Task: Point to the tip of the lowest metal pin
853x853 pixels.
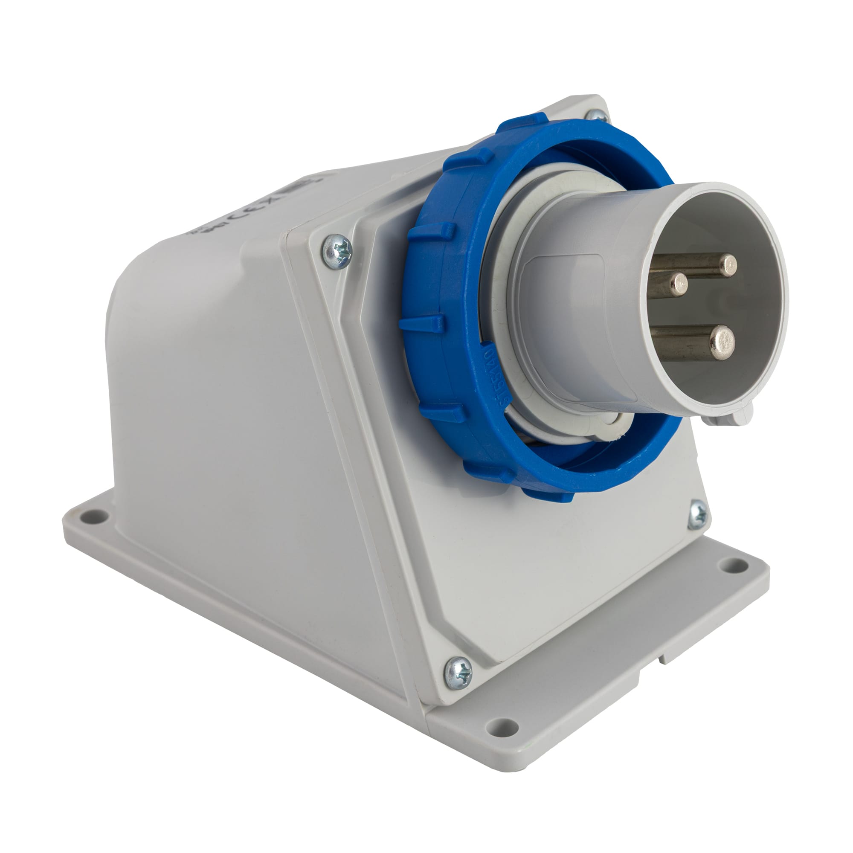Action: click(722, 341)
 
